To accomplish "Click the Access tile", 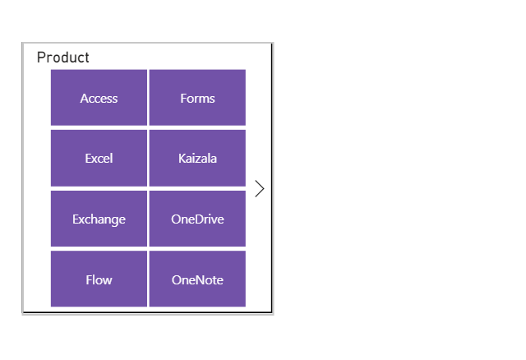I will pyautogui.click(x=99, y=98).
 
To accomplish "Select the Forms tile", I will pyautogui.click(x=197, y=98).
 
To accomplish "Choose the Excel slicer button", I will pyautogui.click(x=99, y=158).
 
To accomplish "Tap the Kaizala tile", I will pyautogui.click(x=197, y=158).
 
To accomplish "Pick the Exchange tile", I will pyautogui.click(x=99, y=219).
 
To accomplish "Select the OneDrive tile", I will pyautogui.click(x=197, y=219).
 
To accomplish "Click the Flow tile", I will pyautogui.click(x=99, y=279).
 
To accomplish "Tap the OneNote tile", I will pyautogui.click(x=197, y=279).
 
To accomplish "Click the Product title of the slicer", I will pyautogui.click(x=63, y=58).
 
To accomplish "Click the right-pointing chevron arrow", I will pyautogui.click(x=260, y=188).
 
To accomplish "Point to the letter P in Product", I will pyautogui.click(x=41, y=58).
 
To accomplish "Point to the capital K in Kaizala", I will pyautogui.click(x=182, y=158).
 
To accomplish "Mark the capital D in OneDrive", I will pyautogui.click(x=196, y=219).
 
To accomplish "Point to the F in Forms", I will pyautogui.click(x=183, y=98).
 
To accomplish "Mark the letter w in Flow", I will pyautogui.click(x=108, y=280).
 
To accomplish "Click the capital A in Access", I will pyautogui.click(x=84, y=98).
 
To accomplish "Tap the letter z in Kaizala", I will pyautogui.click(x=199, y=159).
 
